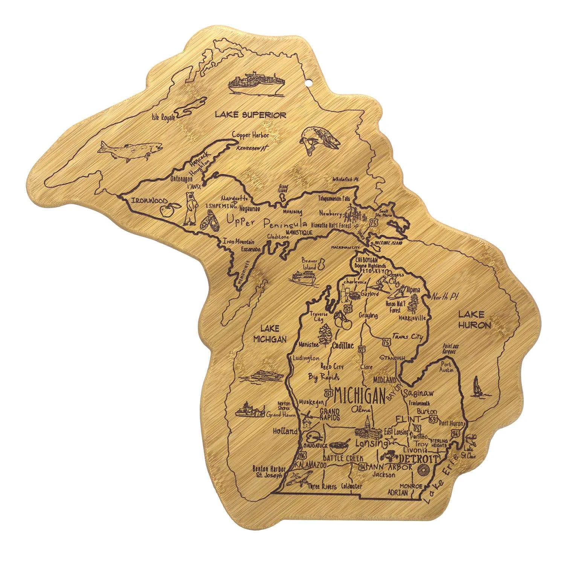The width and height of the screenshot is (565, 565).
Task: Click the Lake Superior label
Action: coord(250,115)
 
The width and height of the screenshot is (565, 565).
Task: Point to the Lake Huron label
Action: coord(474,319)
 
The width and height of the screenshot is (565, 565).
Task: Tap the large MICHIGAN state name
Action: coord(360,395)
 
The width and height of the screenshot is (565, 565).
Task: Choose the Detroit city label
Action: coord(418,459)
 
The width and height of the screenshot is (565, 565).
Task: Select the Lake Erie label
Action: coord(440,479)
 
